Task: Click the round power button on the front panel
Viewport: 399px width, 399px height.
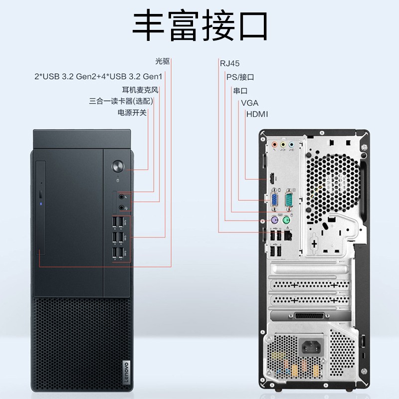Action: [118, 167]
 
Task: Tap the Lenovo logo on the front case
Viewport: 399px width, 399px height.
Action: [127, 373]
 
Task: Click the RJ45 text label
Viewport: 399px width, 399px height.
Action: [229, 63]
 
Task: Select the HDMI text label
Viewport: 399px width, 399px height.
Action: [257, 114]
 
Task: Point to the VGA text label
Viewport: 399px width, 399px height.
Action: [250, 103]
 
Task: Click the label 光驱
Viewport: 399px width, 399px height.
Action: [163, 61]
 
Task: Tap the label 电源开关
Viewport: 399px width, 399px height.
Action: [132, 113]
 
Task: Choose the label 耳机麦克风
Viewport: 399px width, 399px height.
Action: [140, 90]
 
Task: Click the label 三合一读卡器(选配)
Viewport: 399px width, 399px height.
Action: [121, 101]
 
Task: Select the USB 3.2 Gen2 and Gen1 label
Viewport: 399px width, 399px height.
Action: [98, 76]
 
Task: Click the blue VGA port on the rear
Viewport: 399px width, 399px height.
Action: [274, 200]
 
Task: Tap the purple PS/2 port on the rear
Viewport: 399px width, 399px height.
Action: [274, 220]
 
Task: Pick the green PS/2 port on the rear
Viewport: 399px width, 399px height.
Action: [286, 220]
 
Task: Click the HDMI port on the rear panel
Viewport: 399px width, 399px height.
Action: [272, 178]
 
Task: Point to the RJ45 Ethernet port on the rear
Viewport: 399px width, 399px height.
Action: [288, 235]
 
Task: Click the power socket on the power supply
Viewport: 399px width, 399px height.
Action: [311, 347]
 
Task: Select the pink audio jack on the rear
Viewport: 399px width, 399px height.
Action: [274, 145]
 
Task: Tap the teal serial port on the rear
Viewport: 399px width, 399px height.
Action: [289, 200]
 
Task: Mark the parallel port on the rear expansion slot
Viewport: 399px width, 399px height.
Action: [309, 316]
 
